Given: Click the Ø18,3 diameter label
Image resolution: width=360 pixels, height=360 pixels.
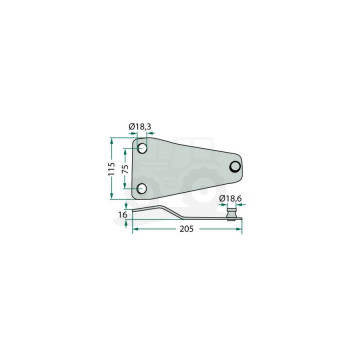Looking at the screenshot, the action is click(x=140, y=127).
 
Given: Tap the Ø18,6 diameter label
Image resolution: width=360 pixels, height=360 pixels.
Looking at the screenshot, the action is click(x=230, y=199).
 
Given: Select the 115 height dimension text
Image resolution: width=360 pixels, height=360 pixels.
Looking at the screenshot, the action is click(x=112, y=169).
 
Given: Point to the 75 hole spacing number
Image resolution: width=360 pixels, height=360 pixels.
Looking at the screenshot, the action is click(x=125, y=169).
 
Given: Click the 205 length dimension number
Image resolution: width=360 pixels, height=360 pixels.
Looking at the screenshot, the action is click(x=186, y=229).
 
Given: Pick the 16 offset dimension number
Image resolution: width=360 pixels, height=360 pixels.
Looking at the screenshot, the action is click(x=123, y=215).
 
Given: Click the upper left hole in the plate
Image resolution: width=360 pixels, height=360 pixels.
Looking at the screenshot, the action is click(x=142, y=148).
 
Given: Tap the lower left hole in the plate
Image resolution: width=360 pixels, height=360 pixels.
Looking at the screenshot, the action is click(x=142, y=189).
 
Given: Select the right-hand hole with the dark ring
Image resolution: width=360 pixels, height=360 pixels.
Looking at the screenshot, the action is click(x=235, y=166).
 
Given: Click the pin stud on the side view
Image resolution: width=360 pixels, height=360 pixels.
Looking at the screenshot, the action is click(x=231, y=213).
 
